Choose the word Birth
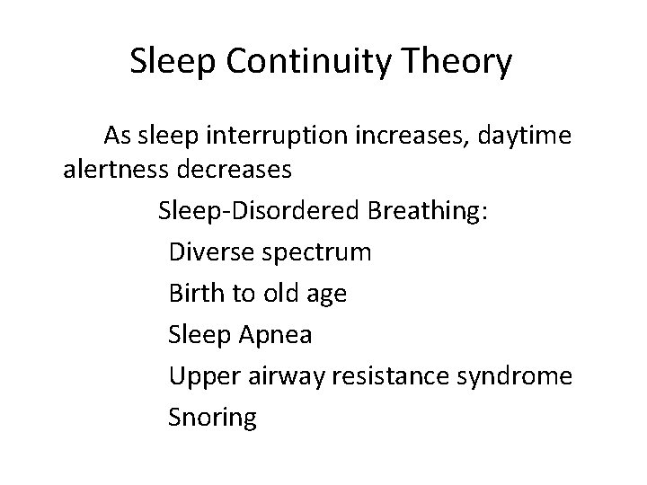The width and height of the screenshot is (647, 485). coord(194,293)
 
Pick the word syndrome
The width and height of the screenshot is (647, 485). coord(518,377)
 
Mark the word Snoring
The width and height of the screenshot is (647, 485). coord(212,419)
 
